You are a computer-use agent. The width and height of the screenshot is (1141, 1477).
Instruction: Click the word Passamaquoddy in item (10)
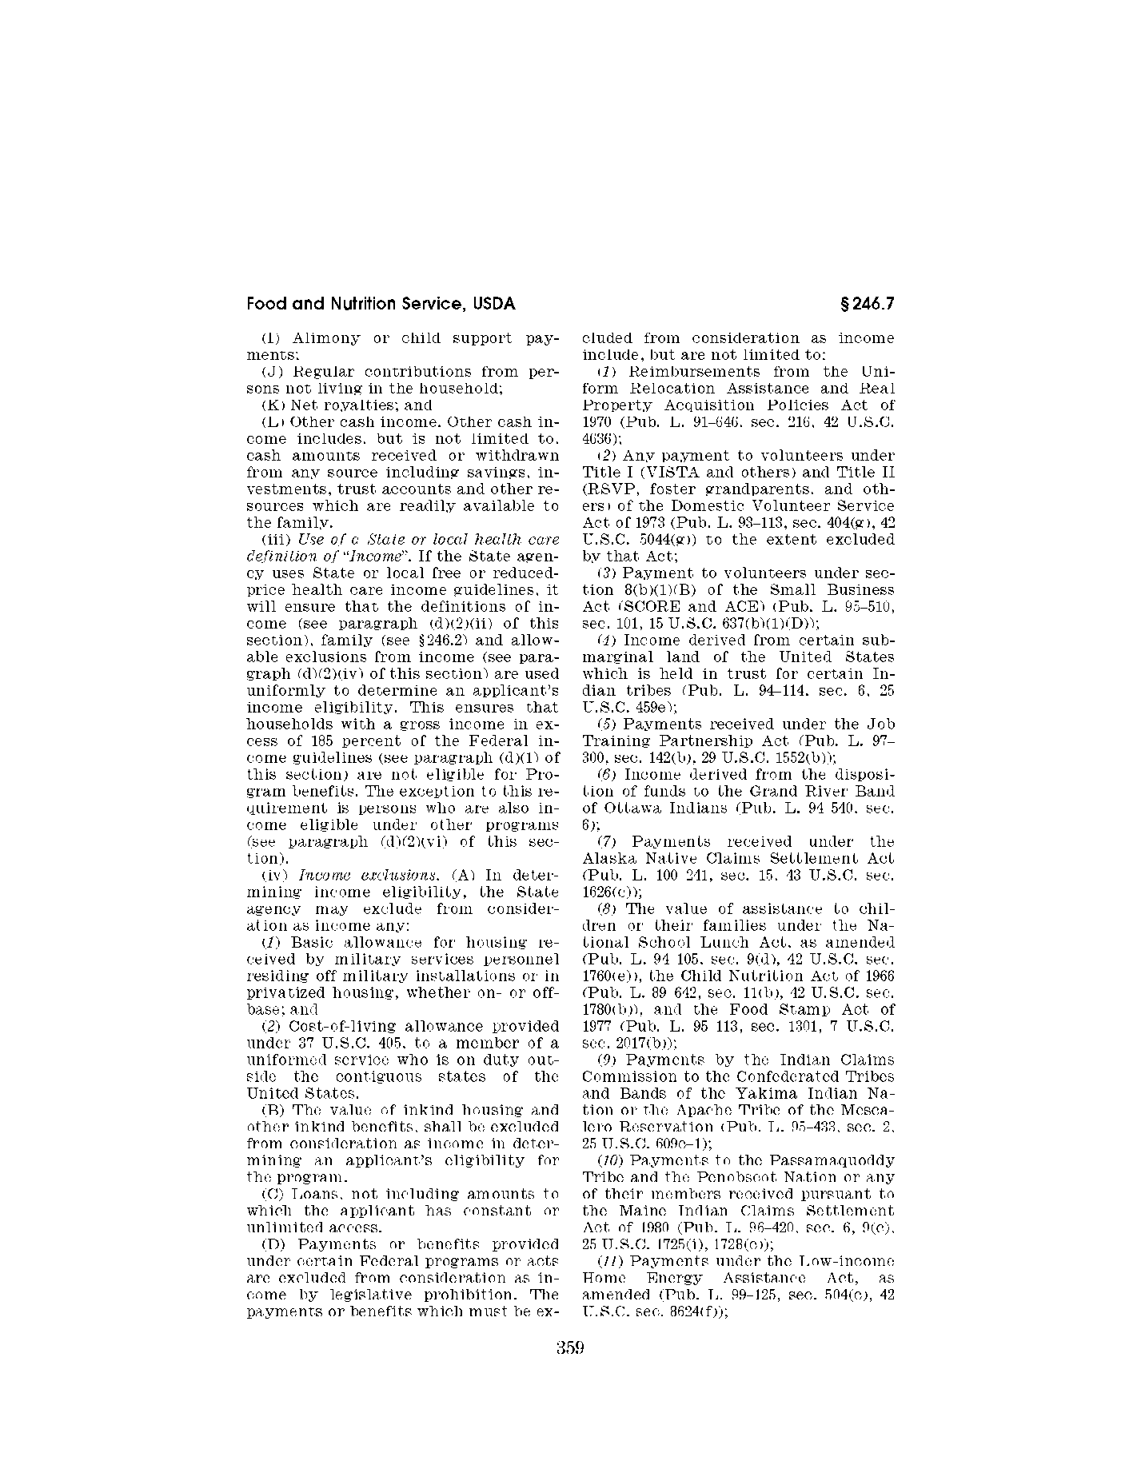(836, 1160)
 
